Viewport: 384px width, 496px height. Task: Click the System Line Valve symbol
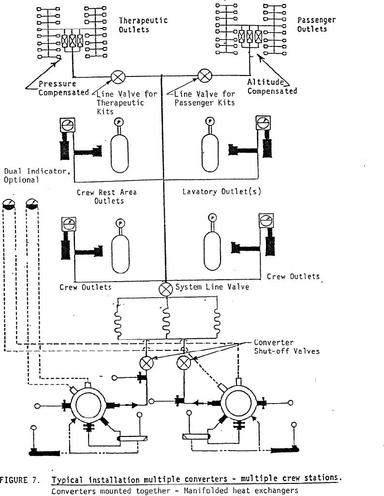click(x=165, y=289)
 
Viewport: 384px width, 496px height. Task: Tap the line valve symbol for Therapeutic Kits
click(x=118, y=77)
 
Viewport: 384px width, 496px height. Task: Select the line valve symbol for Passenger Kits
click(x=205, y=75)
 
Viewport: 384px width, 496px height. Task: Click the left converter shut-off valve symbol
click(x=147, y=363)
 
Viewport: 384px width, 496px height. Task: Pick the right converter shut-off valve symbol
click(x=184, y=363)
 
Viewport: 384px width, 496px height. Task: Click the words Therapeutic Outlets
click(x=143, y=25)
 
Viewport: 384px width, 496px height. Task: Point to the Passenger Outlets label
click(x=316, y=24)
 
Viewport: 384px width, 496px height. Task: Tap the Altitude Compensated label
click(x=272, y=87)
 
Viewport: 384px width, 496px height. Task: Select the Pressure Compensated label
click(x=63, y=88)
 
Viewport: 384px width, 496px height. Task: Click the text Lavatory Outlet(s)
click(x=222, y=191)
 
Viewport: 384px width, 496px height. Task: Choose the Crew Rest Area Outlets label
click(x=107, y=196)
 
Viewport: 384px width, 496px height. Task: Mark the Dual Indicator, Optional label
click(x=37, y=176)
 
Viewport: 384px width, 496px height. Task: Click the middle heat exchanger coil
click(x=166, y=322)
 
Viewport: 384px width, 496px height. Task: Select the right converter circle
click(x=237, y=403)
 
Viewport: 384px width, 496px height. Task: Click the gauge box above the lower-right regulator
click(x=266, y=221)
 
